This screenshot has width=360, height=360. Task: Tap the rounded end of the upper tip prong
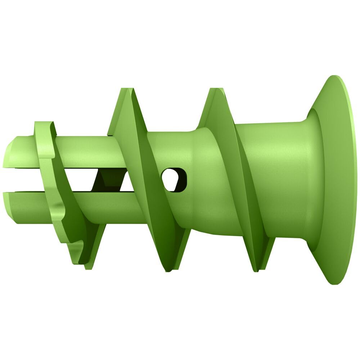pos(11,151)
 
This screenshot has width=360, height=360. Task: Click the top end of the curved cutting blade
pos(43,124)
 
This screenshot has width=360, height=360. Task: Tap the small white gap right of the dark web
pos(126,184)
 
